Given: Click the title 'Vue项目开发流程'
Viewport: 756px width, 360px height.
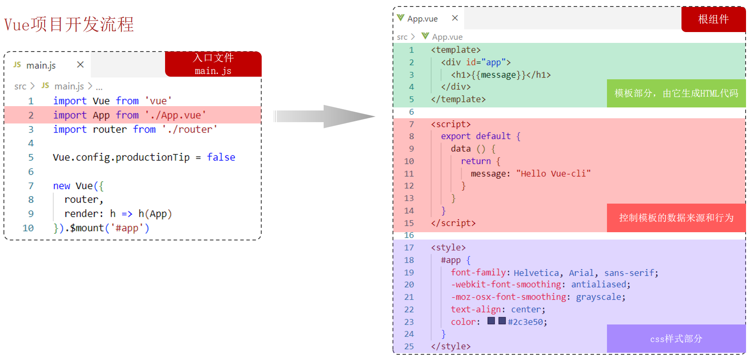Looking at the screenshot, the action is [69, 24].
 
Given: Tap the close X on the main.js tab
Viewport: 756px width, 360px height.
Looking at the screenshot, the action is [80, 65].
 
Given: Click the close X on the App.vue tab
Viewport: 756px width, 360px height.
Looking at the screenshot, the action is [455, 18].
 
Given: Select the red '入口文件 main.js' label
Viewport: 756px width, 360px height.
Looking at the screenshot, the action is [213, 64].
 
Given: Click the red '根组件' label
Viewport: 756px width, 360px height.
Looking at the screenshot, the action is [714, 19].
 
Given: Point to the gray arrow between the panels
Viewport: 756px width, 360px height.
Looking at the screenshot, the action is [324, 116].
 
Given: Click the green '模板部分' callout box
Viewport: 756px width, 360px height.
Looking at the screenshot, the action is [676, 93].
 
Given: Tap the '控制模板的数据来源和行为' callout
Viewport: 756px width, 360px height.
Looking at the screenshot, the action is [676, 217].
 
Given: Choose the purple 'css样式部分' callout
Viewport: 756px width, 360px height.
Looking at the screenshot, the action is [676, 338].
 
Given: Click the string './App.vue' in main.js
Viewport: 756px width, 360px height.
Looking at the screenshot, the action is [175, 115].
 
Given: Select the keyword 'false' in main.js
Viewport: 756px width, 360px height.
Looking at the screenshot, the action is [221, 157].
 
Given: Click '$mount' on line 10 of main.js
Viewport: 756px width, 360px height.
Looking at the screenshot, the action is [87, 228].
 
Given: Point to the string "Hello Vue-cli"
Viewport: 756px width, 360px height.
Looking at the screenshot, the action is [553, 174].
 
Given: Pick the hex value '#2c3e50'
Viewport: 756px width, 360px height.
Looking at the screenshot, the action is [526, 322].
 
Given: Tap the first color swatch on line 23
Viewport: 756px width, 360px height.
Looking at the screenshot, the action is [491, 321].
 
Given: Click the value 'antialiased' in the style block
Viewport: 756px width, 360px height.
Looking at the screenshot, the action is [599, 285].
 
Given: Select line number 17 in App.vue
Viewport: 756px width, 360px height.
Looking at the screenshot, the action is [409, 248].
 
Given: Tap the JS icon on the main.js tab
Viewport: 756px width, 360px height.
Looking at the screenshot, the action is [17, 65].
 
